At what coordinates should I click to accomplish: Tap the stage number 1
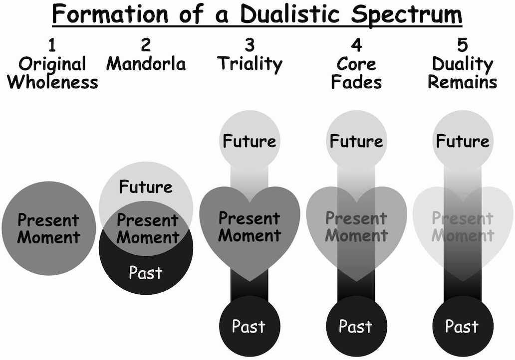click(x=51, y=46)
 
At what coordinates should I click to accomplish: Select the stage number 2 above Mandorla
click(x=146, y=46)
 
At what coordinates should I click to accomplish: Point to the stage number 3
click(x=250, y=46)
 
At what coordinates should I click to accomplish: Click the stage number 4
click(x=356, y=46)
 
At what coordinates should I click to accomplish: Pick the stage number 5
click(x=462, y=46)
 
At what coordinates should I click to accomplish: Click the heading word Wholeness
click(x=52, y=81)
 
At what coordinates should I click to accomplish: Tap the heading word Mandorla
click(x=146, y=64)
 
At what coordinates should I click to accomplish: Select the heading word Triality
click(x=250, y=64)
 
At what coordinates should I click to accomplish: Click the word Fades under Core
click(x=356, y=81)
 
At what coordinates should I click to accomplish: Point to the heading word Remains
click(x=462, y=81)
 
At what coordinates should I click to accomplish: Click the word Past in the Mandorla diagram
click(x=145, y=273)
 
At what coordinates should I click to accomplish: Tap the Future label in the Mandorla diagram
click(x=146, y=187)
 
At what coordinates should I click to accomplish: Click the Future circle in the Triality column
click(x=250, y=141)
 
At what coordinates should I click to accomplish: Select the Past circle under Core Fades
click(x=356, y=327)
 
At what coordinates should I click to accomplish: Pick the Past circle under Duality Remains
click(x=462, y=327)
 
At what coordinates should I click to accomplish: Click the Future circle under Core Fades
click(x=356, y=141)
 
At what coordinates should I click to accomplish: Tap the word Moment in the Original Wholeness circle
click(x=48, y=237)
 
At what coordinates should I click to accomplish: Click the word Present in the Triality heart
click(x=249, y=218)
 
